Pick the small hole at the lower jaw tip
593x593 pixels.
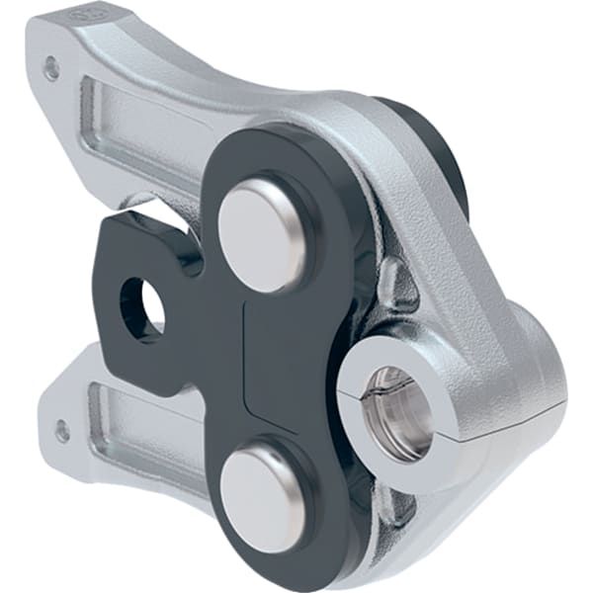[62, 432]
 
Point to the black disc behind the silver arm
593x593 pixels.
[435, 148]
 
